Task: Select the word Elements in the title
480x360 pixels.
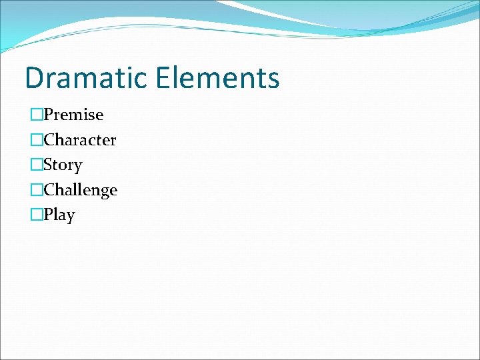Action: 219,78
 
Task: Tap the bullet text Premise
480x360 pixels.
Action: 73,115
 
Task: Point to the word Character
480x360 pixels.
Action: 80,140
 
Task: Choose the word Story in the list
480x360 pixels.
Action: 63,165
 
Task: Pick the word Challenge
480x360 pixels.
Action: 81,190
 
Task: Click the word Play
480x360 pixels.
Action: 59,215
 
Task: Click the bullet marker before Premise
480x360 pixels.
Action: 36,115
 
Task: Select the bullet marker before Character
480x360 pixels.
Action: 36,140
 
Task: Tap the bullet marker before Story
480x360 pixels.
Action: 36,165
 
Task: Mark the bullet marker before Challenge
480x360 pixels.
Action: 36,190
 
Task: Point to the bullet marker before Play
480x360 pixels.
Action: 36,215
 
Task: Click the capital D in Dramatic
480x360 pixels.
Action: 34,78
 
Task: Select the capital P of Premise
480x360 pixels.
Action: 48,115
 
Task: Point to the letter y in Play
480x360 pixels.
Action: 70,217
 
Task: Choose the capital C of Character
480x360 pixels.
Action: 49,140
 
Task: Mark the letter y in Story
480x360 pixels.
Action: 77,167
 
